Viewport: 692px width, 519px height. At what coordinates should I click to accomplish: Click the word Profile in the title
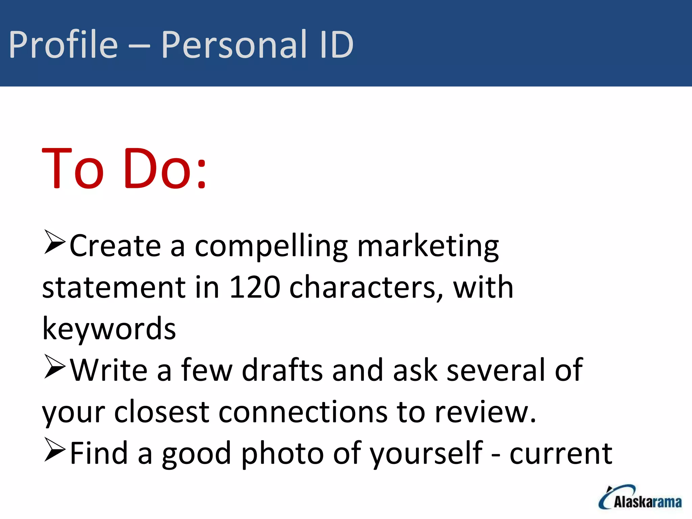(63, 45)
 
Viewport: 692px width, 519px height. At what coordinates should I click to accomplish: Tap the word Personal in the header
(234, 45)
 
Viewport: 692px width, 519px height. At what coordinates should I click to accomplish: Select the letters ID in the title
(336, 45)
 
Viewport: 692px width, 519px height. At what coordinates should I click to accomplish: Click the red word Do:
(165, 168)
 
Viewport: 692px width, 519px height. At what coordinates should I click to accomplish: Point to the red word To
(73, 168)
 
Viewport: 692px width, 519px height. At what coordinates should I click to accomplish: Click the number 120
(255, 287)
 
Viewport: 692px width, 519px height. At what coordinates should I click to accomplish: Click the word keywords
(109, 329)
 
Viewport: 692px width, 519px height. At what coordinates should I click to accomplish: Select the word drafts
(282, 370)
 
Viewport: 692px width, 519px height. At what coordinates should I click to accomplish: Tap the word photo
(282, 453)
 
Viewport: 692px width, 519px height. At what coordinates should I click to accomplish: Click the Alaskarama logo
(640, 497)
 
